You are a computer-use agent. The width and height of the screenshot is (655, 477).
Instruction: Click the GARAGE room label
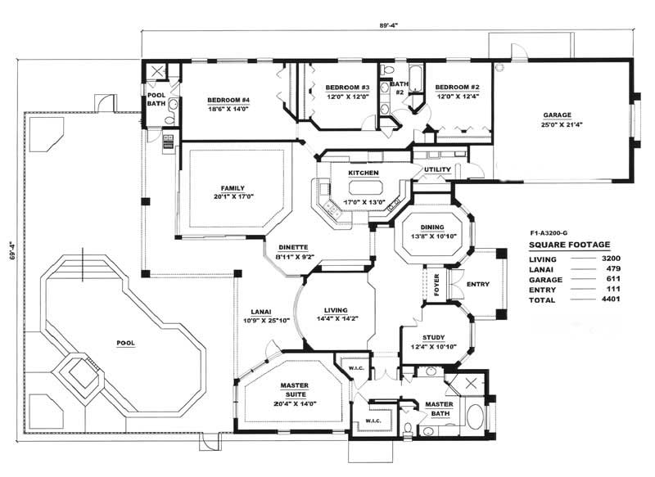557,115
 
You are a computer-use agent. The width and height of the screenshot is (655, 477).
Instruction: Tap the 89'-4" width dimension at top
388,25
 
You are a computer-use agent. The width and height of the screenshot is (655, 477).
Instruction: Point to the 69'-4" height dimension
12,250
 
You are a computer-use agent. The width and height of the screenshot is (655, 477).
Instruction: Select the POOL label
126,343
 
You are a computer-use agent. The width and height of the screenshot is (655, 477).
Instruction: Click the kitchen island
364,187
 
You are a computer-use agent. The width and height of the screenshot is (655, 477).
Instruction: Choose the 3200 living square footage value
611,259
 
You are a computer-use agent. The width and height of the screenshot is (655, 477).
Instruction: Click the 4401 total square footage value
611,299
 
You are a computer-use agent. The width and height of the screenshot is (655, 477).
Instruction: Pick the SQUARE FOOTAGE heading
569,245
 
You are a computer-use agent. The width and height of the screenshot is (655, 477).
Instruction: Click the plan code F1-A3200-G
549,233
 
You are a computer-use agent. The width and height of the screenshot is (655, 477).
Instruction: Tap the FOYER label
436,285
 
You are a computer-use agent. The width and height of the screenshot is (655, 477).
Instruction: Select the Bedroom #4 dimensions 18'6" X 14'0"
228,109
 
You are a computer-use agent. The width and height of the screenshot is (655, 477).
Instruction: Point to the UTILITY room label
437,169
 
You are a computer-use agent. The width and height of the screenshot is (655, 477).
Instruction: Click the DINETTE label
293,247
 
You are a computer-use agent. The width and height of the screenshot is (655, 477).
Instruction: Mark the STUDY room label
434,338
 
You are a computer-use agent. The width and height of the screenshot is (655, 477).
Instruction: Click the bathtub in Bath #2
415,79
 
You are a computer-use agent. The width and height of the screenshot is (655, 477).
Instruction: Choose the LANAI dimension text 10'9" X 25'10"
267,321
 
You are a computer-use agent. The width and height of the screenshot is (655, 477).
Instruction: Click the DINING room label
432,227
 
